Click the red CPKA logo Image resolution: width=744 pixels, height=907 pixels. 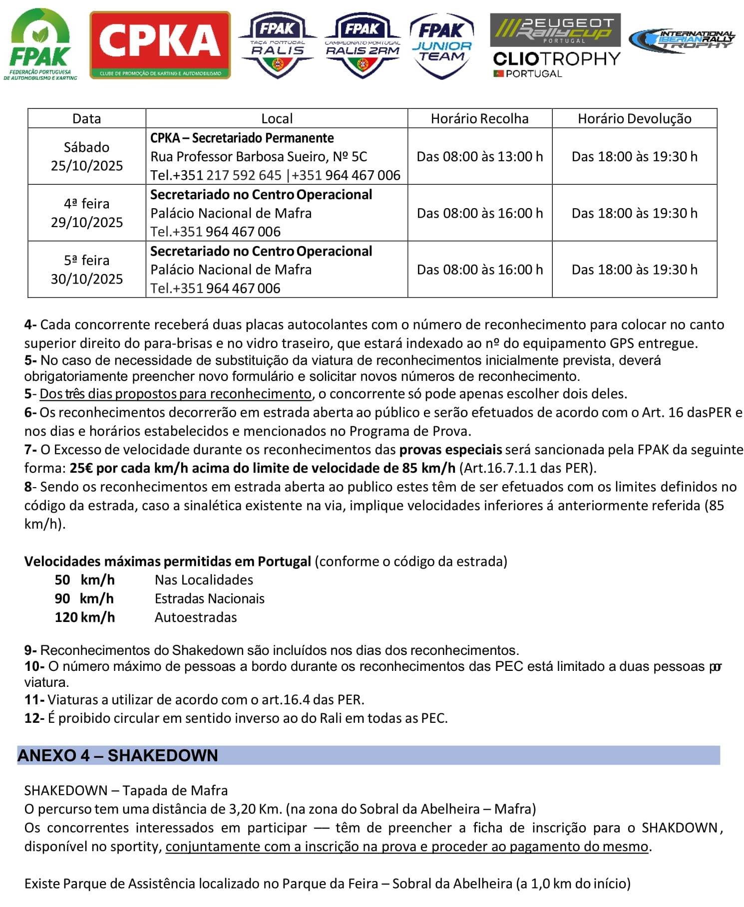click(x=160, y=45)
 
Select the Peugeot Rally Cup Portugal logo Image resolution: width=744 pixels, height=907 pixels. click(x=555, y=30)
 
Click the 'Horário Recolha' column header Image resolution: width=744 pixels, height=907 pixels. click(x=479, y=118)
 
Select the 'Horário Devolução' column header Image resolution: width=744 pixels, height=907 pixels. click(x=634, y=118)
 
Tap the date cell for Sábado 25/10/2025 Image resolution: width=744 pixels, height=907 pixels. click(x=87, y=156)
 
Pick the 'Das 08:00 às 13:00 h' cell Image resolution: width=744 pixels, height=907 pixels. click(x=479, y=157)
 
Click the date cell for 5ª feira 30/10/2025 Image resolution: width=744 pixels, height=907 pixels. click(x=87, y=270)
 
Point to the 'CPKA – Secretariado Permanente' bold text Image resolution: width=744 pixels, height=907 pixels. click(x=242, y=138)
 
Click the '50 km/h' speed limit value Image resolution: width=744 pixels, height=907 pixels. click(x=84, y=580)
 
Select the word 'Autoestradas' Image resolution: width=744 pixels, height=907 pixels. click(x=196, y=617)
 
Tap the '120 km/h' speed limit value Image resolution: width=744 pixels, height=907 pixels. click(x=84, y=617)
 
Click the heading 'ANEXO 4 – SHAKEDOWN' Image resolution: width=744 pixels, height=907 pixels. click(x=118, y=756)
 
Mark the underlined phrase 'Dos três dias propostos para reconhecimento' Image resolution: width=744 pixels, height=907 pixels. click(x=175, y=394)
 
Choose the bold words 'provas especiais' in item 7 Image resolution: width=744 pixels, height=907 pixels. click(x=450, y=450)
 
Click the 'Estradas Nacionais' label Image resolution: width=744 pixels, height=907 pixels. click(x=210, y=599)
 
